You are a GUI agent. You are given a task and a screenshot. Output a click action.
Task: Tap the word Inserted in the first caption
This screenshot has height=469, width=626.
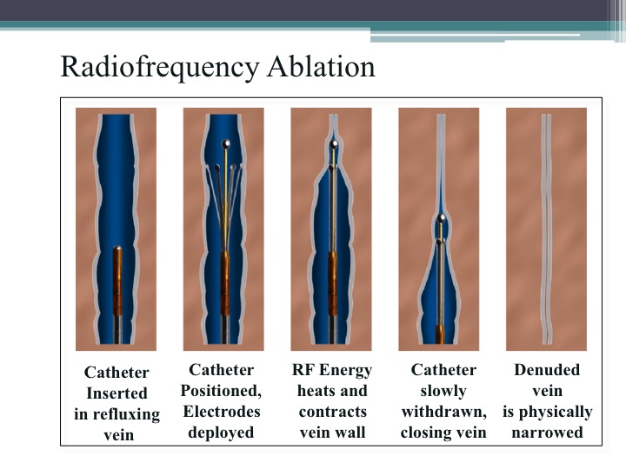116,393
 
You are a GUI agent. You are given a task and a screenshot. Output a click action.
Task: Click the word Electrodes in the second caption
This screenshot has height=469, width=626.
221,412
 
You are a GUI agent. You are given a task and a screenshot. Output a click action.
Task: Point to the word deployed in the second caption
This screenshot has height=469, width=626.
221,433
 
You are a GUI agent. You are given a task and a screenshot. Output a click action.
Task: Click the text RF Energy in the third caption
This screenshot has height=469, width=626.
332,371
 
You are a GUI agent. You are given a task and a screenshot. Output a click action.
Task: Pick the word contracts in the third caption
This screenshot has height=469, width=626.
332,412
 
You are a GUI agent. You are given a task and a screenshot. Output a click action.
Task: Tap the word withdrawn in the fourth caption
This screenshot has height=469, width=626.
443,412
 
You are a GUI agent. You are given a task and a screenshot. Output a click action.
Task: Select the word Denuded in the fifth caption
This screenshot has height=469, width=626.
547,371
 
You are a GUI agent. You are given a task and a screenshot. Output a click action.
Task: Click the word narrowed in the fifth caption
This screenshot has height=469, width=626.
547,433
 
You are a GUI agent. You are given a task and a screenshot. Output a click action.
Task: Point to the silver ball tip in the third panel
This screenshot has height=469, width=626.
333,142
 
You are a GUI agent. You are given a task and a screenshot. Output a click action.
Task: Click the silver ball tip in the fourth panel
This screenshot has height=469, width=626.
442,218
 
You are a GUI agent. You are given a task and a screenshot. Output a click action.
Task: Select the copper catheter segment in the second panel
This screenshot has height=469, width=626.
224,282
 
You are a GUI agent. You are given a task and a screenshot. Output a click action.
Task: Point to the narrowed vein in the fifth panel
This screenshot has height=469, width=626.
546,234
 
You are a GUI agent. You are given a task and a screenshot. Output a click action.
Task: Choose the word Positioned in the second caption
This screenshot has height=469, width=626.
221,391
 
